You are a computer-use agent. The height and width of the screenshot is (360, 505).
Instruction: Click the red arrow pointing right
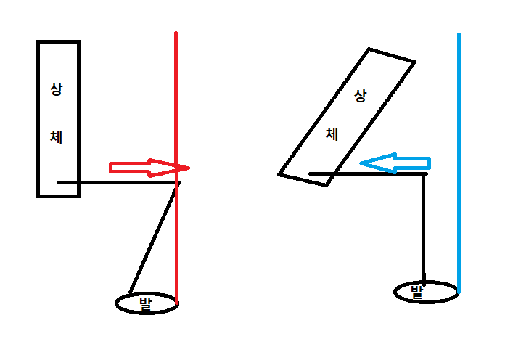tap(145, 168)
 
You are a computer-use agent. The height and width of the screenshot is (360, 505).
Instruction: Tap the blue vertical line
tap(459, 109)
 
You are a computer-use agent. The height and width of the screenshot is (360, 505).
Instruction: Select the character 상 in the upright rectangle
tap(56, 89)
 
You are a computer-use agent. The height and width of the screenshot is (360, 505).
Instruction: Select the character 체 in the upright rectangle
tap(56, 136)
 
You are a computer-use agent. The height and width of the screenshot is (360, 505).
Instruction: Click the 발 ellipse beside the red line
tap(147, 303)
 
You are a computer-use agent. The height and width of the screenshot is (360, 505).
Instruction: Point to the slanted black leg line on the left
tap(154, 239)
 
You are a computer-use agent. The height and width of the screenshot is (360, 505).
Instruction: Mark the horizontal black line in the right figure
tap(370, 173)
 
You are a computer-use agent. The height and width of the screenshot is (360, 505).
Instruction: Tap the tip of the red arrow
tap(188, 168)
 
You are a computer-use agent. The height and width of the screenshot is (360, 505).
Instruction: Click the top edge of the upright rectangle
tap(58, 42)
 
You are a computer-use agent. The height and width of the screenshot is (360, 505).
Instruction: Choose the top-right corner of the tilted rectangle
tap(414, 62)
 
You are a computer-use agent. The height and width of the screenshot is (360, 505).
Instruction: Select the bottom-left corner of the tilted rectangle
tap(280, 173)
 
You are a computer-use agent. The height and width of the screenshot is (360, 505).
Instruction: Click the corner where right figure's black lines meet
tap(426, 173)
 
